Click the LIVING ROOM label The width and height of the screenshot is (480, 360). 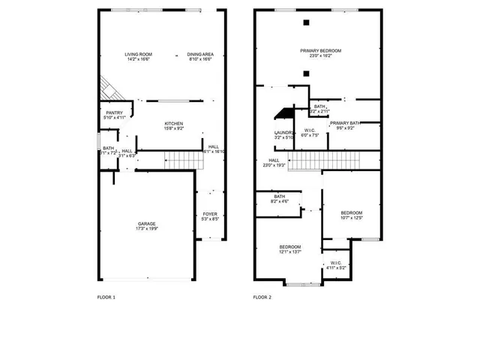click(138, 55)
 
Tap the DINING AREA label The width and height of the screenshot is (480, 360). click(199, 55)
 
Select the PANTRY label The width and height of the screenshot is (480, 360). click(114, 112)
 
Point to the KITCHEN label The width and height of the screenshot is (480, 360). click(174, 124)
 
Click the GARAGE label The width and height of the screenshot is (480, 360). click(147, 223)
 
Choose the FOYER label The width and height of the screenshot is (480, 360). click(210, 214)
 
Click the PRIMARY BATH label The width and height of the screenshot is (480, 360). click(345, 123)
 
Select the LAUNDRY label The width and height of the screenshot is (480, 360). click(283, 133)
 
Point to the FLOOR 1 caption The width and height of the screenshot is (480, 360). click(106, 298)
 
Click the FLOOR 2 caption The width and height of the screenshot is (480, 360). click(262, 298)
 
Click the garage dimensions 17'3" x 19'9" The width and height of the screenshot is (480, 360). click(147, 229)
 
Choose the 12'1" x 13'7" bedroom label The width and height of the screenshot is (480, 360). click(290, 247)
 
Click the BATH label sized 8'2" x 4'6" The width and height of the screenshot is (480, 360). click(279, 196)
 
